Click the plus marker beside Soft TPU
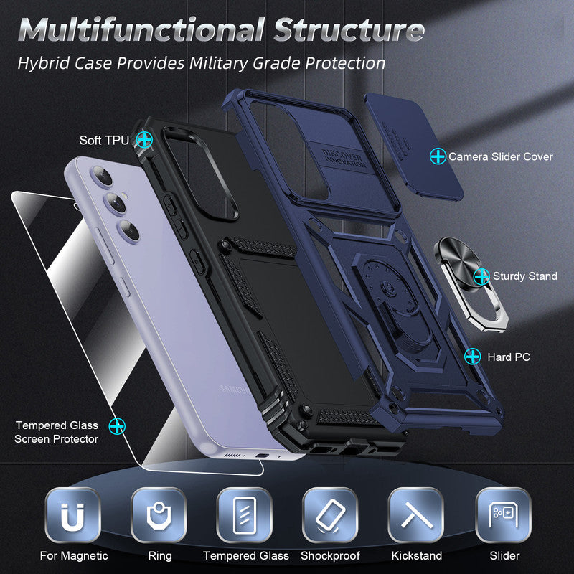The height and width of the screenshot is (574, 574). coord(144,139)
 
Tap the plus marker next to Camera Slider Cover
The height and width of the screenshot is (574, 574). coord(438,156)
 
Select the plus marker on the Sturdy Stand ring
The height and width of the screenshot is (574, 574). coord(481,276)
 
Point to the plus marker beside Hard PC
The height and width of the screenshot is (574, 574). coord(473,356)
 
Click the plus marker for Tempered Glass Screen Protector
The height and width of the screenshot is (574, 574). coord(117,426)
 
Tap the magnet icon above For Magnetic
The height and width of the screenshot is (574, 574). coord(72,515)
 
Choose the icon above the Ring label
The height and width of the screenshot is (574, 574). coord(159,515)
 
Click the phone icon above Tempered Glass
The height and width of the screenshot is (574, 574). coord(244,515)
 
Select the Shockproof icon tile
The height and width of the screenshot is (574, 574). coord(330,515)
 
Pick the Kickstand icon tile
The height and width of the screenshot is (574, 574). coord(416,515)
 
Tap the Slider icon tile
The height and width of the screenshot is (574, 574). coord(504,515)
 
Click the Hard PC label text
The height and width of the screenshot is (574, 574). coord(509,357)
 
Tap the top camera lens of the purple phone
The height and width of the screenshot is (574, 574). coord(103,177)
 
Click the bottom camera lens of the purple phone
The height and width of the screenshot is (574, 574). coord(128,230)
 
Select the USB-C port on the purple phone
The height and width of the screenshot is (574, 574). coord(263,456)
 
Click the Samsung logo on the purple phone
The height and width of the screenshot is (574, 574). coord(235,390)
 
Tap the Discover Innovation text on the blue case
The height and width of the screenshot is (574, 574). coord(344,158)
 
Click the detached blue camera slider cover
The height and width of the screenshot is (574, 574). coord(414,147)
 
